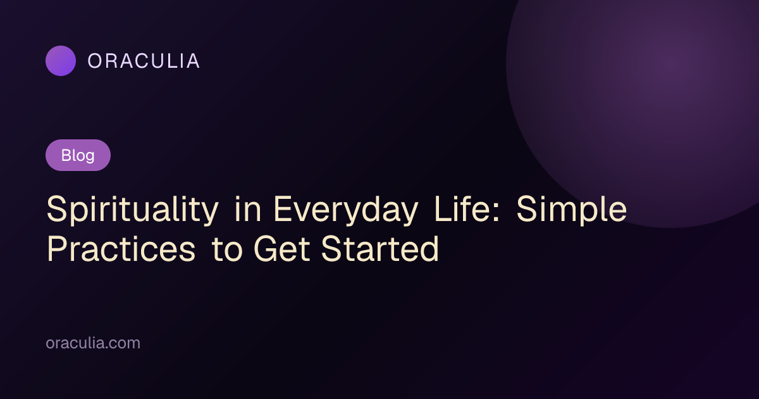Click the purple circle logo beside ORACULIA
61,61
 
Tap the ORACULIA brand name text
144,61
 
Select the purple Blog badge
78,155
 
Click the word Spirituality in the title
132,210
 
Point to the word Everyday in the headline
345,210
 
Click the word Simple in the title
572,210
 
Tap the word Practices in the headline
121,249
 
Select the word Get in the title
281,249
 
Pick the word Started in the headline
380,249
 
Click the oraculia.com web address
93,343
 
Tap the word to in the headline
227,250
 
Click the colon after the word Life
496,212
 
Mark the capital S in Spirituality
58,208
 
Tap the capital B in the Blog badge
66,155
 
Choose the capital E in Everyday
283,208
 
